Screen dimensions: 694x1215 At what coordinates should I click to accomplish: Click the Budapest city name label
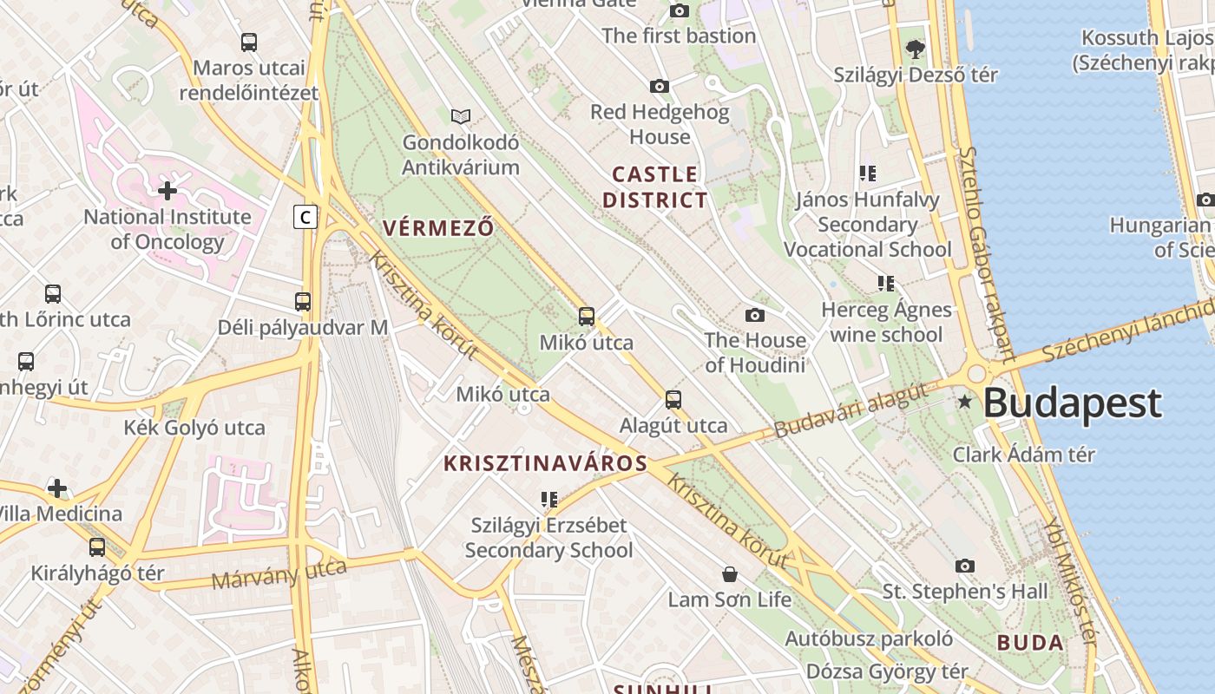(x=1072, y=403)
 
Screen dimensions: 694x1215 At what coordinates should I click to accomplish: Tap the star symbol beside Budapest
(x=964, y=402)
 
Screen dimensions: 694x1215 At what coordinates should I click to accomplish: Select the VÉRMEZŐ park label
(x=438, y=228)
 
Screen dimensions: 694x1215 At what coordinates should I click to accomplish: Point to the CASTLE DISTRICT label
(x=655, y=187)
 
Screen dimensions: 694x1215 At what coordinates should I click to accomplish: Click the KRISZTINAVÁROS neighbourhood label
(x=545, y=463)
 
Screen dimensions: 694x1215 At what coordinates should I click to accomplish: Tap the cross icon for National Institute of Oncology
(x=167, y=190)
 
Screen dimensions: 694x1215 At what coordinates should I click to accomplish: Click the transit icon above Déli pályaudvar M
(x=303, y=302)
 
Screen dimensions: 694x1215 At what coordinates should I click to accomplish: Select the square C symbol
(x=305, y=216)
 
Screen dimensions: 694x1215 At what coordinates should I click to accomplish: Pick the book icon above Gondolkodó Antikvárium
(x=461, y=116)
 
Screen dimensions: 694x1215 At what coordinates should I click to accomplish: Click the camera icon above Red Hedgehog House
(x=660, y=86)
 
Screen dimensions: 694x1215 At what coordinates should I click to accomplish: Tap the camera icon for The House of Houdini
(x=755, y=314)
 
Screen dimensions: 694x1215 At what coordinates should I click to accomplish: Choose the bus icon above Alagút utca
(x=673, y=400)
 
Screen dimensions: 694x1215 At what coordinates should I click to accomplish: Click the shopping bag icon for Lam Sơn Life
(x=730, y=574)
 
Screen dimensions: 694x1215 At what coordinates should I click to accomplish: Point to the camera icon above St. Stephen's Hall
(x=964, y=566)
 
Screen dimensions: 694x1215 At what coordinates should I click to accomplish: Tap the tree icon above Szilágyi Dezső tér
(x=915, y=49)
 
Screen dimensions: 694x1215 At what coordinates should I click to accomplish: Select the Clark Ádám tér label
(x=1024, y=455)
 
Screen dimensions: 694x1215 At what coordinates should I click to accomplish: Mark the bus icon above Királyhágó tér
(x=97, y=547)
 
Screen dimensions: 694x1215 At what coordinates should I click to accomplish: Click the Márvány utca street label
(x=279, y=574)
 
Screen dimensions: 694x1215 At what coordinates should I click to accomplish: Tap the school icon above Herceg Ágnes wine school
(x=885, y=284)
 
